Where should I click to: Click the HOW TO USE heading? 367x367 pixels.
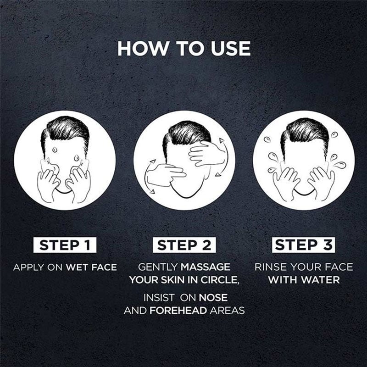coord(184,49)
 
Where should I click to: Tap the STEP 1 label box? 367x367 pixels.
coord(65,245)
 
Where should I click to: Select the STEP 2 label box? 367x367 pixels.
coord(184,245)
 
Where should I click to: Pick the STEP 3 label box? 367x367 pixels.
coord(304,245)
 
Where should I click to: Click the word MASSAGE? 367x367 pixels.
coord(206,267)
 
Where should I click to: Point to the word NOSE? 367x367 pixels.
coord(213,298)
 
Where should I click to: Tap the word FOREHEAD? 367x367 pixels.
coord(178,311)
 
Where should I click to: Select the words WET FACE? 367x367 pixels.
coord(91,267)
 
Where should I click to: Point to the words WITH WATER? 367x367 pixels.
coord(304,280)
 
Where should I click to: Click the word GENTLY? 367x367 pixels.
coord(158,267)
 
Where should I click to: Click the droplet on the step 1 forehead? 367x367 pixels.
coord(55,150)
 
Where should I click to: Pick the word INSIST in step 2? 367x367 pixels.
coord(159,298)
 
